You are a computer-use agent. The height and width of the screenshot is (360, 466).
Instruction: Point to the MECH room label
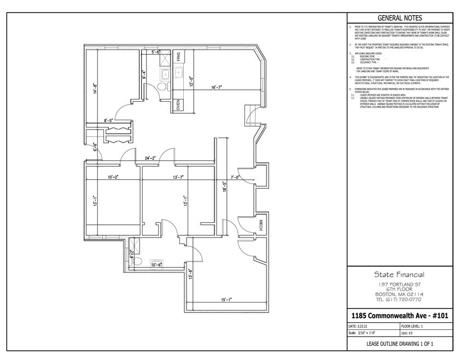tap(261, 226)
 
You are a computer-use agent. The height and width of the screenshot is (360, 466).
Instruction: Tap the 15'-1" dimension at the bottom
tap(226, 299)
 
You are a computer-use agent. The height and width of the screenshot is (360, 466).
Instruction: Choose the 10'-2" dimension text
tap(113, 177)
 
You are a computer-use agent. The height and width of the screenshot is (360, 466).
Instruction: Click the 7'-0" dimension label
tap(236, 177)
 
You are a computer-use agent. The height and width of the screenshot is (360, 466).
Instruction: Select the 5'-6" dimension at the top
tap(155, 52)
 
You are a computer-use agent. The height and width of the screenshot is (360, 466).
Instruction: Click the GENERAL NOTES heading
tap(399, 18)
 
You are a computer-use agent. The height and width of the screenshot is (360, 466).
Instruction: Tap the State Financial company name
tap(399, 275)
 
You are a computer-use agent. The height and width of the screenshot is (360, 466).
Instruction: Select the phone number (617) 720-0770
tap(399, 299)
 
